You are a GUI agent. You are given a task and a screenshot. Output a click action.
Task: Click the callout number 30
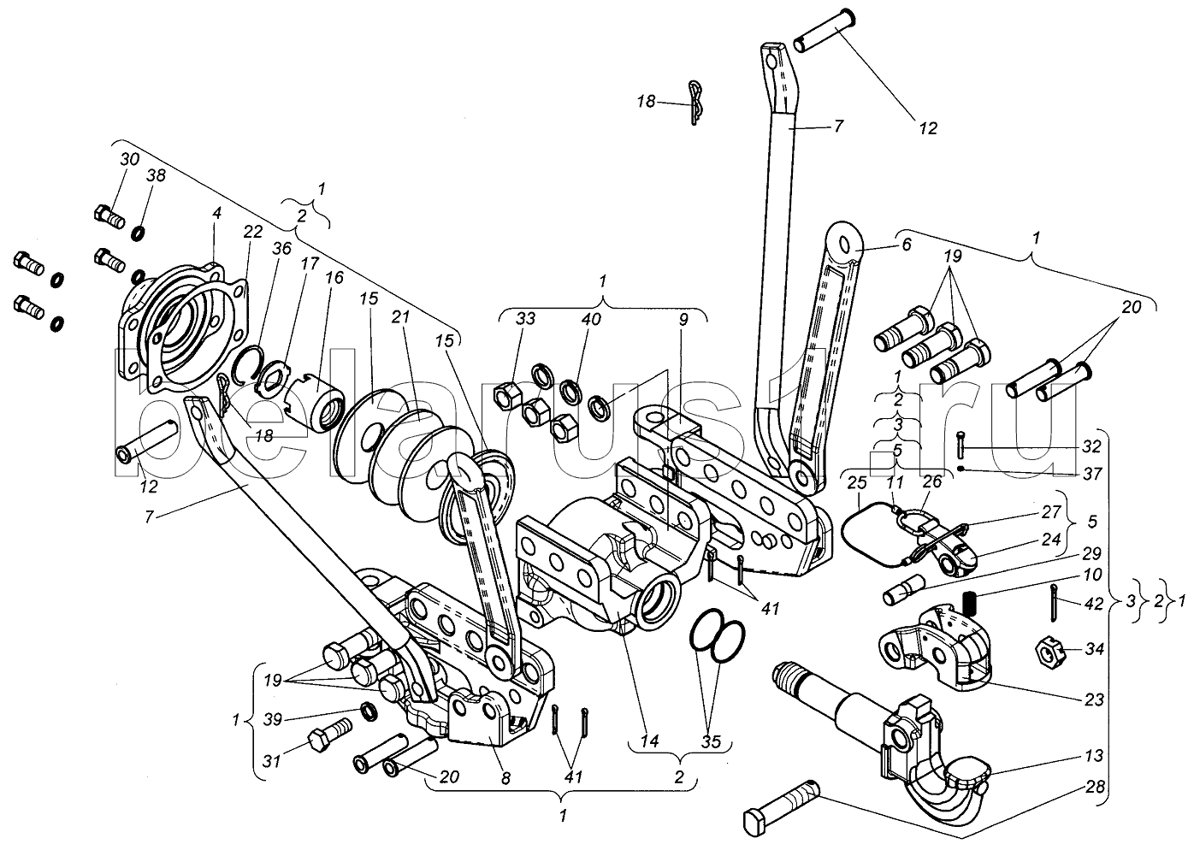(x=129, y=159)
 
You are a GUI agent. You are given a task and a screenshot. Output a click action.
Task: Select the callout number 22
(x=252, y=231)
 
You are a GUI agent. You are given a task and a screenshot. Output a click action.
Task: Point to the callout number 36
(x=282, y=248)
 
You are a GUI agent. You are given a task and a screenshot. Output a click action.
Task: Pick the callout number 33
(x=525, y=319)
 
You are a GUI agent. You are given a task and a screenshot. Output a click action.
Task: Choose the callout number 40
(x=591, y=319)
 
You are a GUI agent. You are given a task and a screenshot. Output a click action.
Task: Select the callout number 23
(x=1093, y=699)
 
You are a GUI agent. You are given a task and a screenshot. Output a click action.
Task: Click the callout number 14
(x=650, y=741)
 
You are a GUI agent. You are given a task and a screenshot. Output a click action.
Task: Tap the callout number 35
(x=711, y=741)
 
